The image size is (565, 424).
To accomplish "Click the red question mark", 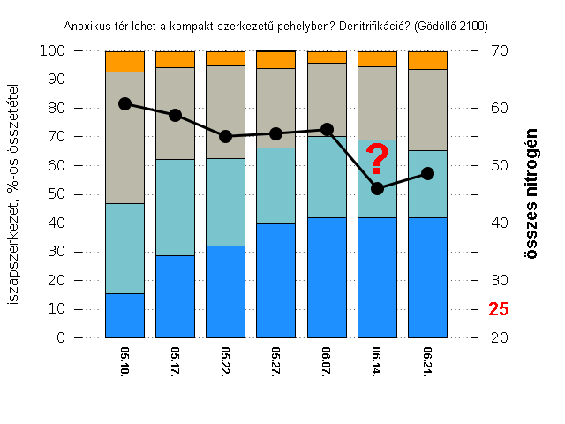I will click(x=378, y=160).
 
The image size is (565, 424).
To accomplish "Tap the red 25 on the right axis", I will click(x=499, y=310).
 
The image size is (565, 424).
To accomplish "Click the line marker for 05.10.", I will click(x=124, y=103).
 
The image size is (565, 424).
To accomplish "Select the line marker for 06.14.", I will click(x=378, y=188).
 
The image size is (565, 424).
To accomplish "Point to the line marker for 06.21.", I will click(x=428, y=173).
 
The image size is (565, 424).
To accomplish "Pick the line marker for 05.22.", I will click(x=225, y=136).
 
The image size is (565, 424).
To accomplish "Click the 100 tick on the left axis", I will click(x=53, y=51).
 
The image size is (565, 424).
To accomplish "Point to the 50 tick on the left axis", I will click(x=56, y=194).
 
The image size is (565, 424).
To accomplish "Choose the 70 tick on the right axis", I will click(x=499, y=51).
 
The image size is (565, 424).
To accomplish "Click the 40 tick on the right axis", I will click(x=499, y=223).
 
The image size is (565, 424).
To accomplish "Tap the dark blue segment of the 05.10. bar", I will click(x=124, y=315).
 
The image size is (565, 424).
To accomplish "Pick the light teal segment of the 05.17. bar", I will click(x=175, y=207).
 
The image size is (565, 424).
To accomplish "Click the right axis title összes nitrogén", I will click(x=531, y=193).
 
